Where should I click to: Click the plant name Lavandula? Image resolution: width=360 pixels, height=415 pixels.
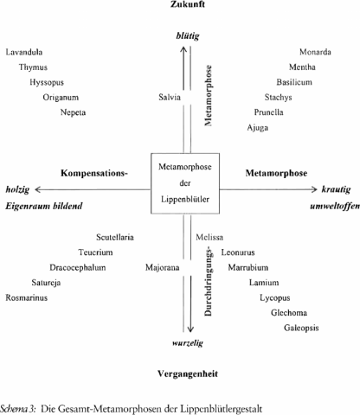(x=24, y=52)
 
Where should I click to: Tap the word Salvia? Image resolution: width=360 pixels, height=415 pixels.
(x=170, y=97)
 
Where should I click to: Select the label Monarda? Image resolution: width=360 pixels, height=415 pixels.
(x=315, y=52)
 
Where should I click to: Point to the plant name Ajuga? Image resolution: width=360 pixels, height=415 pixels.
(x=257, y=128)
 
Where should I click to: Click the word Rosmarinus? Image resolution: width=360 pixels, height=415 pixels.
(x=27, y=297)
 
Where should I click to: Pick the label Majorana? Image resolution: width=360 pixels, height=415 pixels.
(x=163, y=268)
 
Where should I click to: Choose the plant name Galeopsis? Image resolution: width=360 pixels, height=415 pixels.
(x=301, y=328)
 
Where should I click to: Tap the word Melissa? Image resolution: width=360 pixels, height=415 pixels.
(x=209, y=237)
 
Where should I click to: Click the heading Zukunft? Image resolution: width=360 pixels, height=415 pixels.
(x=188, y=4)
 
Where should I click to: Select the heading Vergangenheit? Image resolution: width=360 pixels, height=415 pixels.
(x=188, y=373)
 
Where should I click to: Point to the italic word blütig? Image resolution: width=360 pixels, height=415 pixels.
(x=188, y=36)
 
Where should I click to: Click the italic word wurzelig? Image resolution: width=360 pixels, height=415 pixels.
(x=188, y=343)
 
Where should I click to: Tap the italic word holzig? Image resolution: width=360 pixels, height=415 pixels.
(x=17, y=189)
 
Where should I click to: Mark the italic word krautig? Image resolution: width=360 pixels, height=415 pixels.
(x=336, y=189)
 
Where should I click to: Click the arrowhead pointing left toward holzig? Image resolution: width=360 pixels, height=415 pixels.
(x=38, y=189)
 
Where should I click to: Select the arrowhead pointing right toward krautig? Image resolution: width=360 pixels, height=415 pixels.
(x=314, y=189)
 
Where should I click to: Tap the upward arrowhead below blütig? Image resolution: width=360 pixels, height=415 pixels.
(x=183, y=49)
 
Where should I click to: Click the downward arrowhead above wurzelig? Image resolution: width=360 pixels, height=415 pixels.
(x=190, y=329)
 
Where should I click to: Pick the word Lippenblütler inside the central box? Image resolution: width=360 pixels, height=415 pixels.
(x=185, y=199)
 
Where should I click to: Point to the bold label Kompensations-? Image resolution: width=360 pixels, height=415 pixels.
(x=94, y=173)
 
